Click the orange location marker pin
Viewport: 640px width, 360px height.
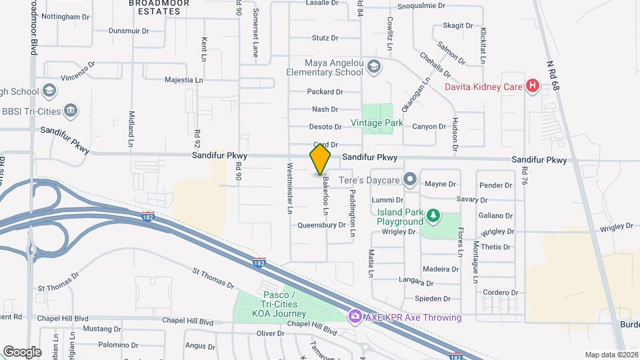point(320,159)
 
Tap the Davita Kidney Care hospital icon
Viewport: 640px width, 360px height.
point(532,85)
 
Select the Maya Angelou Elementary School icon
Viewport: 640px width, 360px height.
point(374,65)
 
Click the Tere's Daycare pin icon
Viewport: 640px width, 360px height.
point(409,180)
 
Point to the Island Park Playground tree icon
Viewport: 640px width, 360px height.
point(433,215)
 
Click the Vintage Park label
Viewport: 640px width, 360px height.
point(377,123)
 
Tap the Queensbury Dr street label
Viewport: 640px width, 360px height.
point(321,225)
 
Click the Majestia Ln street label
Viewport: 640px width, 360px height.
point(184,80)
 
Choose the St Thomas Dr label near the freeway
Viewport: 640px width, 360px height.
point(213,279)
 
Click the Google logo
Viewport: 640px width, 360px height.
point(21,351)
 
